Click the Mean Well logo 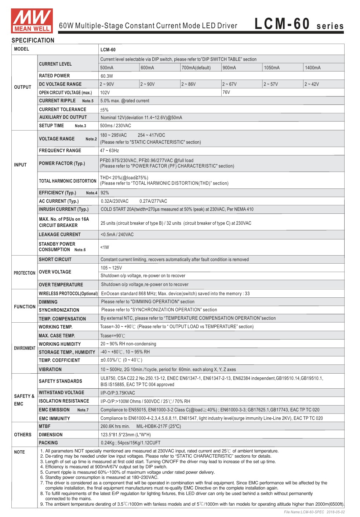[32, 21]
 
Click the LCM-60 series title [299, 24]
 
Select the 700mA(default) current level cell [196, 68]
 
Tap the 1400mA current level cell [313, 68]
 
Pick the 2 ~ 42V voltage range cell [312, 84]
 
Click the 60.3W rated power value [107, 76]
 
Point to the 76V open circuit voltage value [226, 92]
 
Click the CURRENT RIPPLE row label [58, 101]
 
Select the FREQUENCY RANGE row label [60, 151]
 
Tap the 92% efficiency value [105, 193]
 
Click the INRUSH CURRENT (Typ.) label [64, 209]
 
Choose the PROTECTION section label [25, 273]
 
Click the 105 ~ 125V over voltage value [111, 268]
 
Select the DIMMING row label [48, 302]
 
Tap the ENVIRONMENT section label [25, 348]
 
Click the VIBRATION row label [50, 370]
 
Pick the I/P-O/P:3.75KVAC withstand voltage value [118, 393]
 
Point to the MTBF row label [45, 426]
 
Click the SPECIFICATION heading [33, 40]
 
